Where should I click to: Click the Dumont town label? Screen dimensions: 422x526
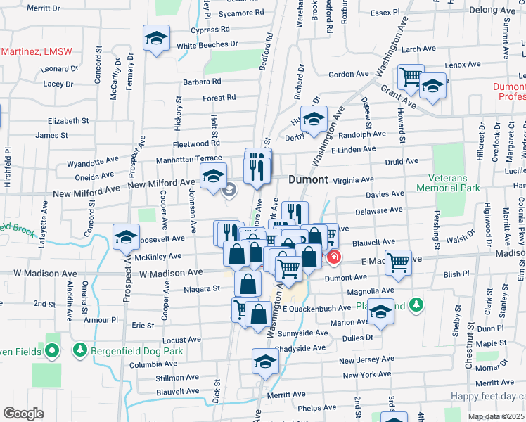308,179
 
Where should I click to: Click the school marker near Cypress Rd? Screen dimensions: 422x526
156,38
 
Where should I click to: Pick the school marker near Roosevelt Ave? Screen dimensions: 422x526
126,237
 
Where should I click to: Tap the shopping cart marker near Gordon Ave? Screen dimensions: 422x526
410,77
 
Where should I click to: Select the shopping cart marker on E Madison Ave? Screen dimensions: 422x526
399,262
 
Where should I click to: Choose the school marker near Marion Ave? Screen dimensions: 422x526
380,312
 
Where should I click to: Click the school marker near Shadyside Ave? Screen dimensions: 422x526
266,362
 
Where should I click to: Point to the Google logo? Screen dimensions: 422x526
23,413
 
